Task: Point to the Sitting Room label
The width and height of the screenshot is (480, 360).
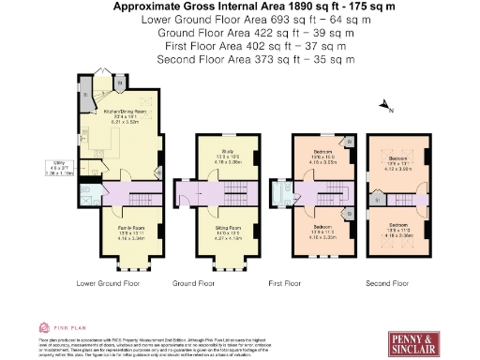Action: pos(228,232)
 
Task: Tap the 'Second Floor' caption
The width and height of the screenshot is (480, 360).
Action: pos(387,282)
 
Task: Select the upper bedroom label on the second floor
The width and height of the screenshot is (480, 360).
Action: pos(396,165)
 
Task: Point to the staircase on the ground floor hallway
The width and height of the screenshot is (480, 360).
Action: pos(230,195)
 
